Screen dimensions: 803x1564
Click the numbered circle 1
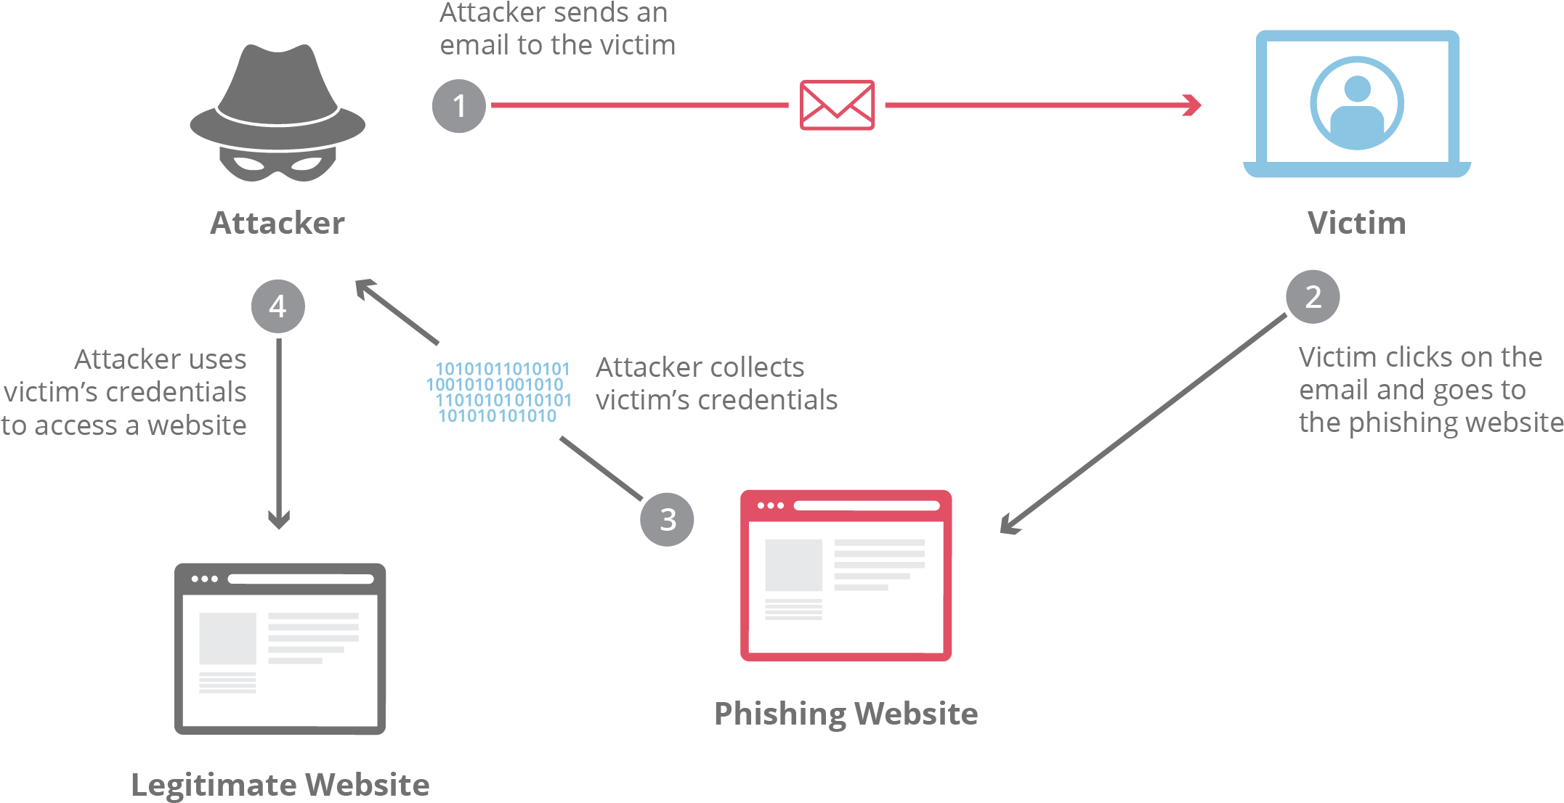click(458, 106)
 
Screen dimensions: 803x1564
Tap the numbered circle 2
click(1313, 297)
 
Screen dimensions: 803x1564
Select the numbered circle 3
click(667, 519)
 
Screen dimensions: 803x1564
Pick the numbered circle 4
click(278, 306)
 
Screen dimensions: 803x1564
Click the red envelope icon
click(837, 105)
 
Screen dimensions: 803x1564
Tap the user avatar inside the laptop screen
click(1356, 104)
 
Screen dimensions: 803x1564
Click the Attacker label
click(277, 223)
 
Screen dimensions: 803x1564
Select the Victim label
click(1356, 223)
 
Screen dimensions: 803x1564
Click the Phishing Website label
click(846, 714)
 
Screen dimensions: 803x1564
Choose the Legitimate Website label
click(280, 785)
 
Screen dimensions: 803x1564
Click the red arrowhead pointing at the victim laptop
click(1193, 105)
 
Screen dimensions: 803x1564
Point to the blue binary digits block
click(499, 392)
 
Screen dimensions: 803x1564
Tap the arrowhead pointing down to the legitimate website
click(279, 519)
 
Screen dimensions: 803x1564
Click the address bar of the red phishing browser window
click(867, 505)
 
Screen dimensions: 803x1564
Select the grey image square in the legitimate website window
click(227, 638)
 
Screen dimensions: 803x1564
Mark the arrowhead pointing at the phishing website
click(1009, 526)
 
